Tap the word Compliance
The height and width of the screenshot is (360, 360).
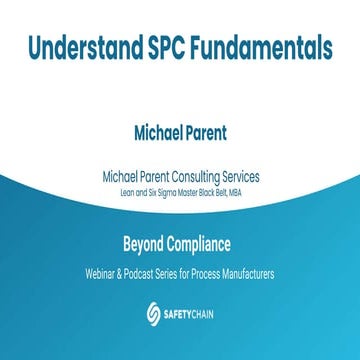pyautogui.click(x=206, y=242)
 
